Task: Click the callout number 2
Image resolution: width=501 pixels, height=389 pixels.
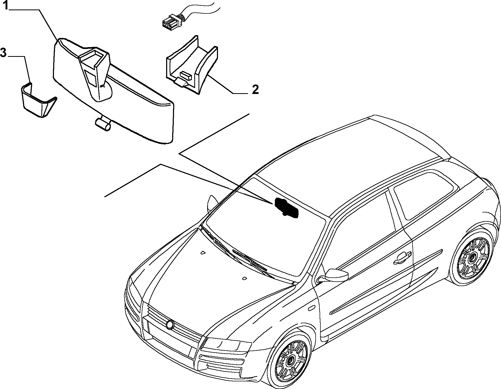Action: [255, 89]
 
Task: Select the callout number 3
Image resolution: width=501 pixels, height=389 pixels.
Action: [3, 53]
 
